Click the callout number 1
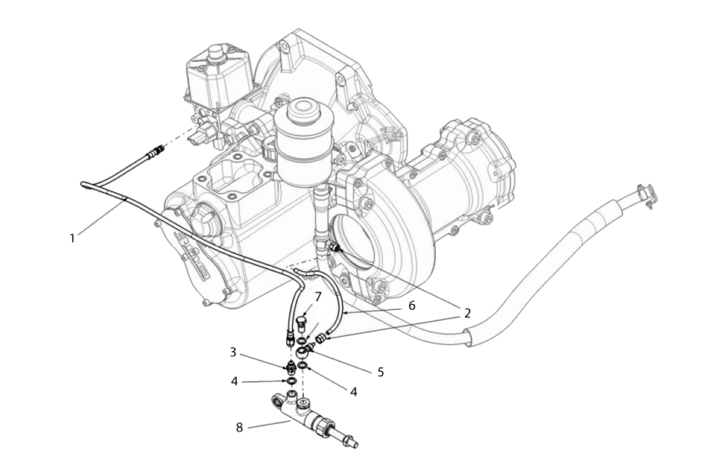pyautogui.click(x=72, y=237)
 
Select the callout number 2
pyautogui.click(x=467, y=313)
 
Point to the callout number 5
pyautogui.click(x=381, y=372)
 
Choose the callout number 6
pyautogui.click(x=411, y=307)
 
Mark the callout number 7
pyautogui.click(x=318, y=297)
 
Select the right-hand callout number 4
pyautogui.click(x=354, y=390)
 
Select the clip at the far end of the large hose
pyautogui.click(x=646, y=194)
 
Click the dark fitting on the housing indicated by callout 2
pyautogui.click(x=337, y=247)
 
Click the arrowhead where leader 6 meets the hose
pyautogui.click(x=342, y=310)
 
